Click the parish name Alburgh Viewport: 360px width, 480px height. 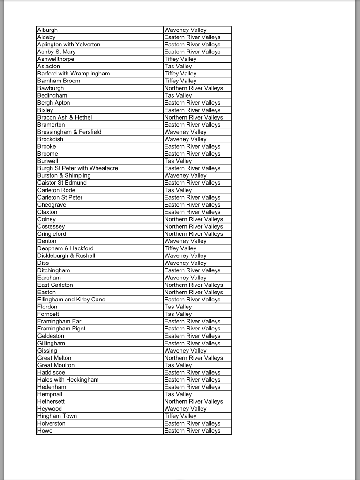(x=47, y=30)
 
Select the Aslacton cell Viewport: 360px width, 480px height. (x=49, y=67)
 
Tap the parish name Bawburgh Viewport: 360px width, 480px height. (x=51, y=88)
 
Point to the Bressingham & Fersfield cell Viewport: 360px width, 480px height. (x=69, y=132)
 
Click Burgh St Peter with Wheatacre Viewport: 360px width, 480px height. (x=78, y=168)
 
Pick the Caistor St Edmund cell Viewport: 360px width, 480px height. (x=62, y=183)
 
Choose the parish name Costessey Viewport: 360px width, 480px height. (x=51, y=226)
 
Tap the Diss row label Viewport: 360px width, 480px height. (x=43, y=263)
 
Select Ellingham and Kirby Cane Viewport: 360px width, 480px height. (x=71, y=300)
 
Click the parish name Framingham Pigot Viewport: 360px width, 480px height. (x=61, y=329)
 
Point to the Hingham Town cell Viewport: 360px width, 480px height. (x=57, y=416)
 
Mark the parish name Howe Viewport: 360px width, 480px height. (x=45, y=431)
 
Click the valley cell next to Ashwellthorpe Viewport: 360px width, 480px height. (x=180, y=59)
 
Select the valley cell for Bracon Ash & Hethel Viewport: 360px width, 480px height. (x=194, y=117)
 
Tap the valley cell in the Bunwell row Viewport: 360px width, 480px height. (x=178, y=161)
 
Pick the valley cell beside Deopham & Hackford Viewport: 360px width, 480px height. (x=180, y=248)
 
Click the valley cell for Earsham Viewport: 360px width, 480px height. (x=185, y=277)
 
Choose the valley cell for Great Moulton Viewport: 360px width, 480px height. (x=178, y=365)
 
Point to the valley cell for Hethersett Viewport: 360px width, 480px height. (x=194, y=401)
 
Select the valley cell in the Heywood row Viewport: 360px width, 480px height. (x=185, y=409)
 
